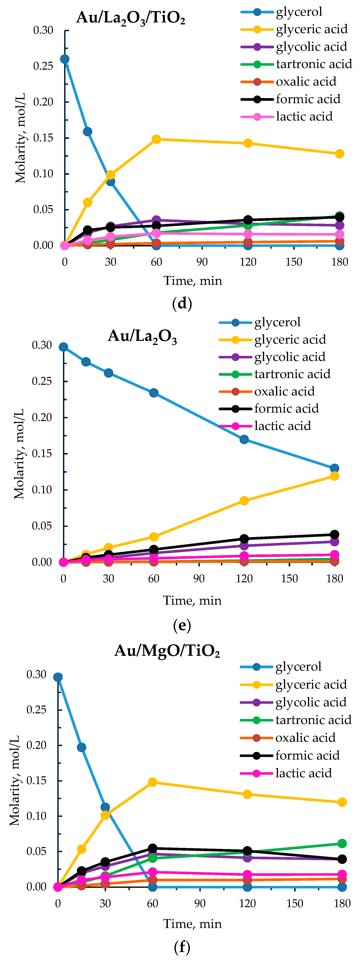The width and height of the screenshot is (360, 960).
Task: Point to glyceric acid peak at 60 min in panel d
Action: (x=157, y=139)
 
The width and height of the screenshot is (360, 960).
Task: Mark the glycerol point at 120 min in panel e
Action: (x=244, y=439)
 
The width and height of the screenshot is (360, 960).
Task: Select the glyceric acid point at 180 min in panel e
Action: (x=334, y=476)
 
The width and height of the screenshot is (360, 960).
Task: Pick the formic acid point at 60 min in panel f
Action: (x=152, y=848)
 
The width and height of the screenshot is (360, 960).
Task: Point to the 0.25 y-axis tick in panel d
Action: (x=43, y=66)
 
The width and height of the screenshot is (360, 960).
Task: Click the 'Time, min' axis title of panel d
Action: (x=193, y=281)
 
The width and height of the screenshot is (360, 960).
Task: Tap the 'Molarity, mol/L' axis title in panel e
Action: (x=19, y=454)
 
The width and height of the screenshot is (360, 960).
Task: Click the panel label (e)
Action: (x=182, y=625)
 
